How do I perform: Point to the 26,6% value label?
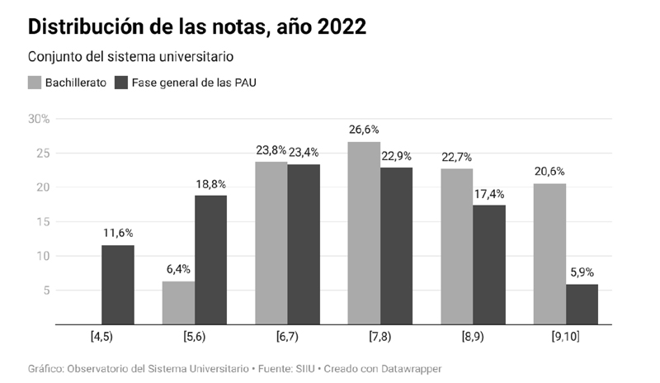(364, 130)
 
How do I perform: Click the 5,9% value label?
(581, 272)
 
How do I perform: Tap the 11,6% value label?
(117, 233)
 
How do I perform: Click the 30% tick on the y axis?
(39, 119)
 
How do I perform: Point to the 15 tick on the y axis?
(43, 222)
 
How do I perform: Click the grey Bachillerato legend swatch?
(35, 83)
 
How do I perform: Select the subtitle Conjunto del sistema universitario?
(131, 57)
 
